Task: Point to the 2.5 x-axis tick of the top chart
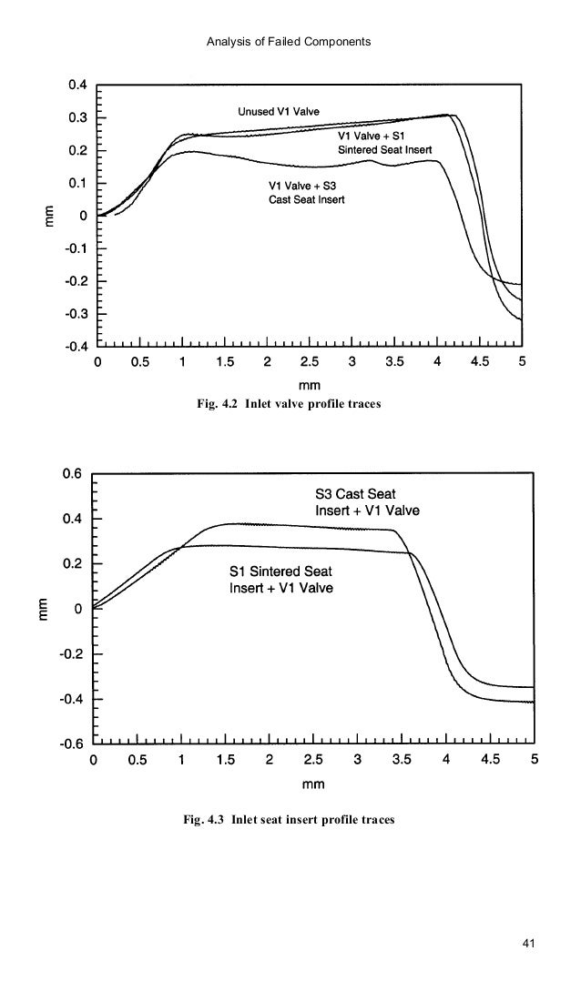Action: [310, 362]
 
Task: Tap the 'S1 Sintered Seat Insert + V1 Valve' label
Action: [280, 580]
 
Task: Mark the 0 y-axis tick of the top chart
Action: [84, 216]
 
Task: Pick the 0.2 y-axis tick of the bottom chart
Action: [73, 564]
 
